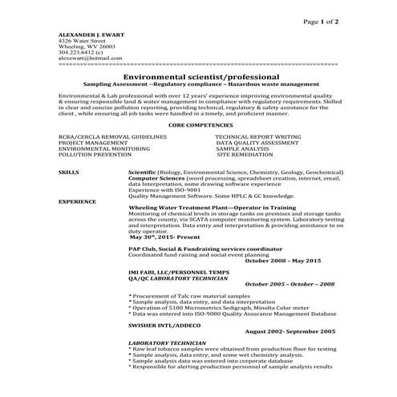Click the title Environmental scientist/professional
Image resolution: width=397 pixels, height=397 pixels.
pos(198,76)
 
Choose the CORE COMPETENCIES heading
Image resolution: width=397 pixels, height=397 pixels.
pos(198,126)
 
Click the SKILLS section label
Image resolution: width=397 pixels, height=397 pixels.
pos(69,172)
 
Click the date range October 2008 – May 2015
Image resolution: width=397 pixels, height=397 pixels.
pos(282,261)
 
